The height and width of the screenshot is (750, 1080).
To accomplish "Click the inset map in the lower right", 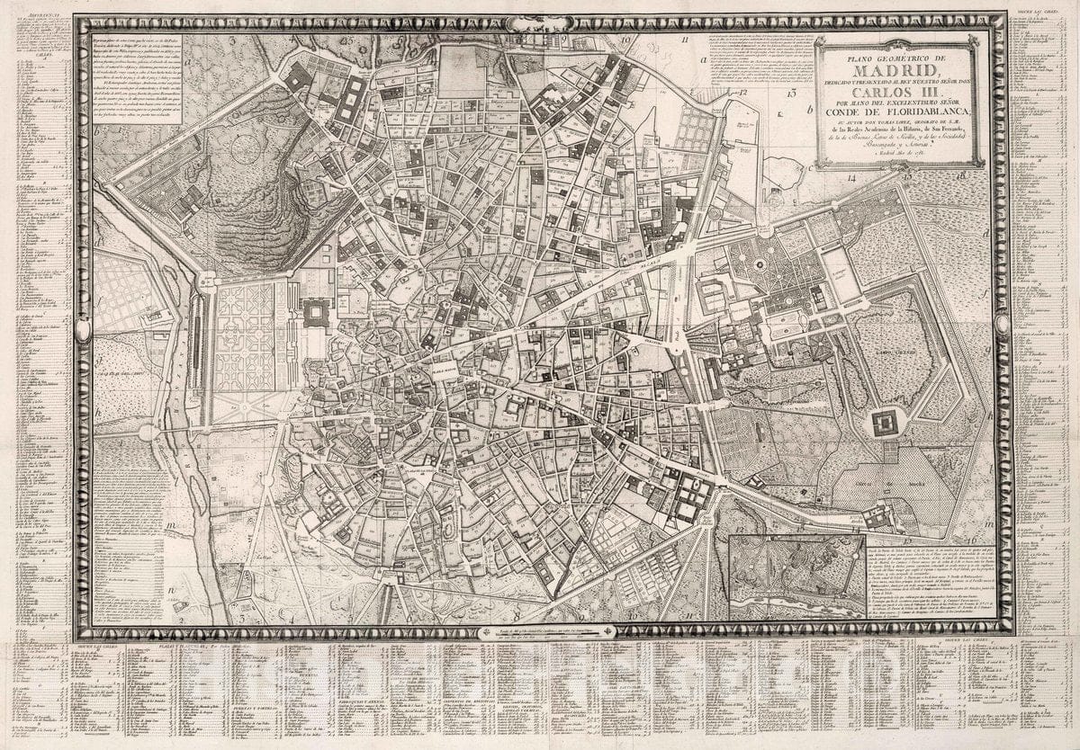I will [x=796, y=576].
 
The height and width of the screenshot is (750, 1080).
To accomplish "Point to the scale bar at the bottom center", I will [x=544, y=631].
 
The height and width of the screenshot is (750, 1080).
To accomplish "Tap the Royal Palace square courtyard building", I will [x=317, y=313].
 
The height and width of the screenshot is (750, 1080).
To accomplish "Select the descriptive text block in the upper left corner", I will [x=138, y=80].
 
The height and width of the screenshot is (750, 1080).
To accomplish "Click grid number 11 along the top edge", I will [x=685, y=40].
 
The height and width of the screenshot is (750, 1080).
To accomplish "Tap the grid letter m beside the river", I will [x=170, y=524].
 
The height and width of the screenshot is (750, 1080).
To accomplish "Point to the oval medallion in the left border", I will [x=84, y=331].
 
